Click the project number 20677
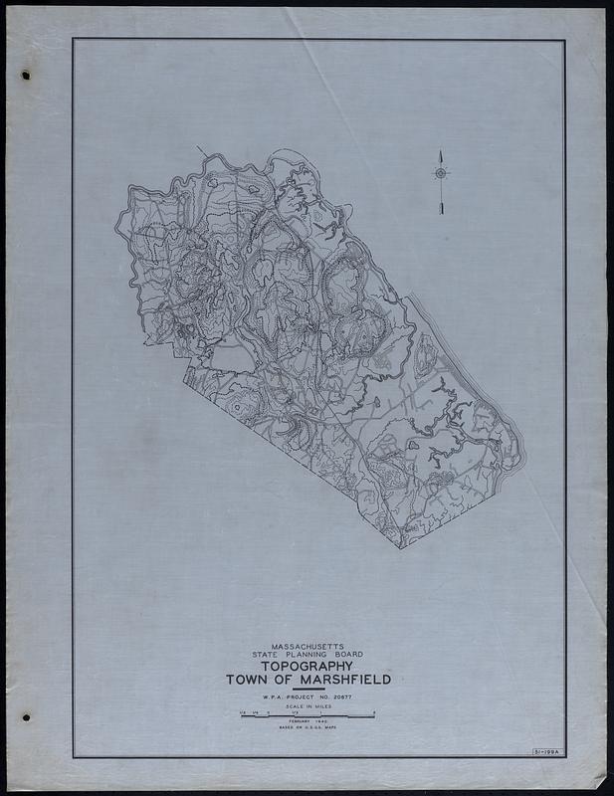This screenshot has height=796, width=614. click(352, 698)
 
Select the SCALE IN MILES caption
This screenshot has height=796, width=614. click(307, 707)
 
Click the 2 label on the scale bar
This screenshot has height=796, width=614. click(374, 711)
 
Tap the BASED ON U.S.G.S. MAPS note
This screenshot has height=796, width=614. click(307, 732)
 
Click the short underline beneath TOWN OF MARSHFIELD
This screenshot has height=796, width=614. click(307, 691)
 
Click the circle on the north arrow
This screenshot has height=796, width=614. click(439, 173)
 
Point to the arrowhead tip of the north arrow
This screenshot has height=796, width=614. click(439, 151)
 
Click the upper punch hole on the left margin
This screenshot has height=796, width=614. click(26, 76)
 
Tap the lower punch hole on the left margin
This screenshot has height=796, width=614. click(27, 715)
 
